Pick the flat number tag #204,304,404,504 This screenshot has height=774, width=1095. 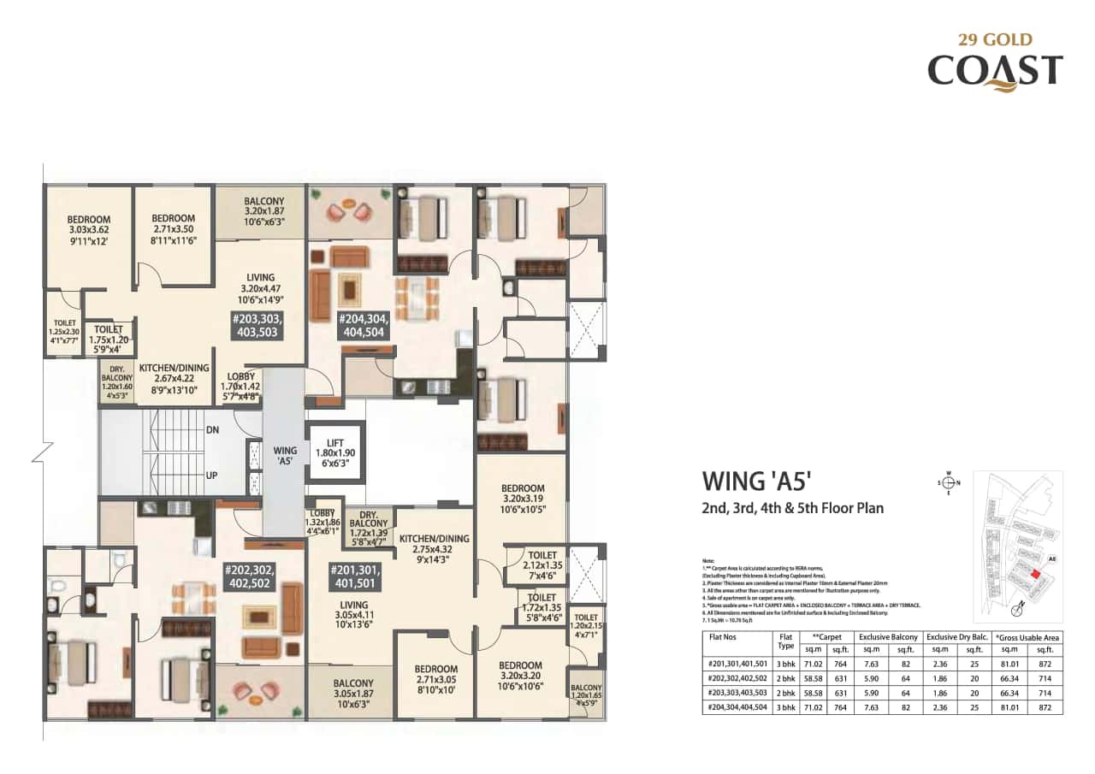(364, 326)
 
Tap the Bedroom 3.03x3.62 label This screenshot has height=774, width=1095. (89, 230)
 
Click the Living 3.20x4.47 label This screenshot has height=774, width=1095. (260, 288)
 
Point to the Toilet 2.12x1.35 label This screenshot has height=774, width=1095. (542, 565)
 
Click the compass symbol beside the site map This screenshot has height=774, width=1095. (949, 482)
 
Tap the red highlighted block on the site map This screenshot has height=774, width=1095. (1036, 576)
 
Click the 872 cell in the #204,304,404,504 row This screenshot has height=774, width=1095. (1045, 707)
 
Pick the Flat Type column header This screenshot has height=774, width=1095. (784, 642)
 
